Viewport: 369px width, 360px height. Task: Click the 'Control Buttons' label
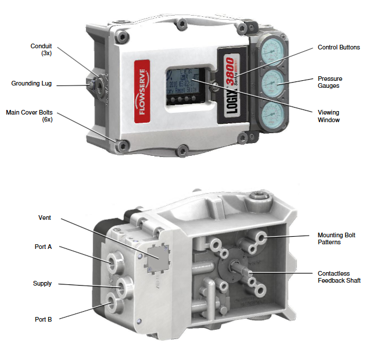pos(338,47)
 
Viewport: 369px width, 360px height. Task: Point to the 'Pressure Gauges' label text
pos(329,82)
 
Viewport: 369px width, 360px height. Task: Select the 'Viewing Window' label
pos(329,116)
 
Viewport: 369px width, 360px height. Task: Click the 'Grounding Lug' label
pos(31,84)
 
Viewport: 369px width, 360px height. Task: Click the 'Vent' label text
pos(45,218)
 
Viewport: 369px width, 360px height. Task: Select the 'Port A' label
pos(43,247)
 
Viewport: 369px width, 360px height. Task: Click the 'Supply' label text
pos(42,284)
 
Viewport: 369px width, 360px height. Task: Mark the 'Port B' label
pos(43,319)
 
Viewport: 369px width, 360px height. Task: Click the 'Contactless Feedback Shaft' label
pos(339,277)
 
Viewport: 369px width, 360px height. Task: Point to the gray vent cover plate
pos(157,256)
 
